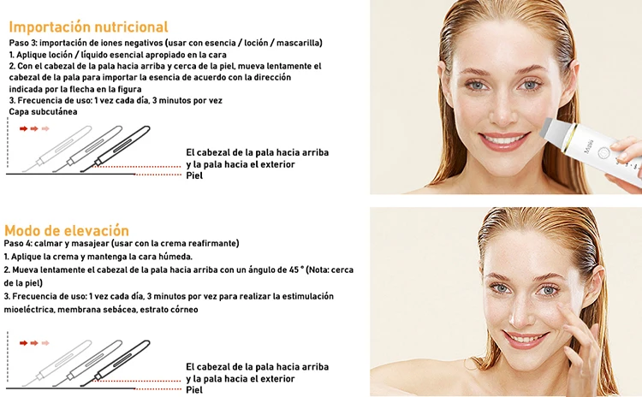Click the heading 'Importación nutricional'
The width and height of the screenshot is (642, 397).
(88, 27)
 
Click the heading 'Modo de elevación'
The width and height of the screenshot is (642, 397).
(67, 230)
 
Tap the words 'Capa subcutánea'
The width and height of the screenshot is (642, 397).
(43, 112)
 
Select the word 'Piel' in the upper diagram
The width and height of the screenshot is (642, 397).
(194, 175)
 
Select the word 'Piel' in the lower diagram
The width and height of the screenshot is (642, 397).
(194, 389)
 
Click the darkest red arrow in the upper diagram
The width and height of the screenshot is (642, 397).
(23, 128)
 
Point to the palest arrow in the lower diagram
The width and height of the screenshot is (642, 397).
(45, 343)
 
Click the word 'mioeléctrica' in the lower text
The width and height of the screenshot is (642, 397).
(28, 310)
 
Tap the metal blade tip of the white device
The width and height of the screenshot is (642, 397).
(547, 127)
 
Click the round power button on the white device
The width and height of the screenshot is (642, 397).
(603, 152)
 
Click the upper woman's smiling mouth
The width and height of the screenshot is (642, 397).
(504, 140)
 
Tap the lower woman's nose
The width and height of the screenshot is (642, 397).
(520, 315)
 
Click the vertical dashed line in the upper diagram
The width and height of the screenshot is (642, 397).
(8, 142)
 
